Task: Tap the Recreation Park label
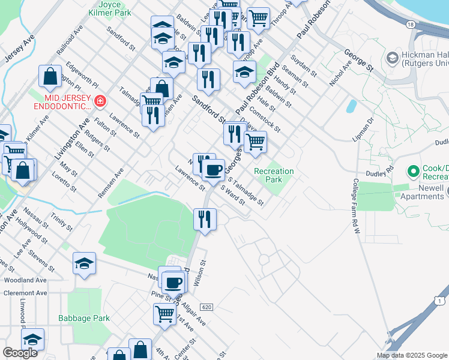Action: point(274,175)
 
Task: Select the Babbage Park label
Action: point(84,318)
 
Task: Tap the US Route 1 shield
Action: point(441,300)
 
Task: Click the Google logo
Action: point(20,353)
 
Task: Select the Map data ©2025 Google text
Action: point(411,355)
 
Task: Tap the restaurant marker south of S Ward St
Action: point(205,219)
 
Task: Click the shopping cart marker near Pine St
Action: point(164,313)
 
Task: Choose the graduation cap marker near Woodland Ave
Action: point(85,263)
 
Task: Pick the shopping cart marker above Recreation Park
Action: point(256,142)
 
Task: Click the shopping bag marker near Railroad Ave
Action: point(50,76)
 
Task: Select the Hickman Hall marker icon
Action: point(393,58)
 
